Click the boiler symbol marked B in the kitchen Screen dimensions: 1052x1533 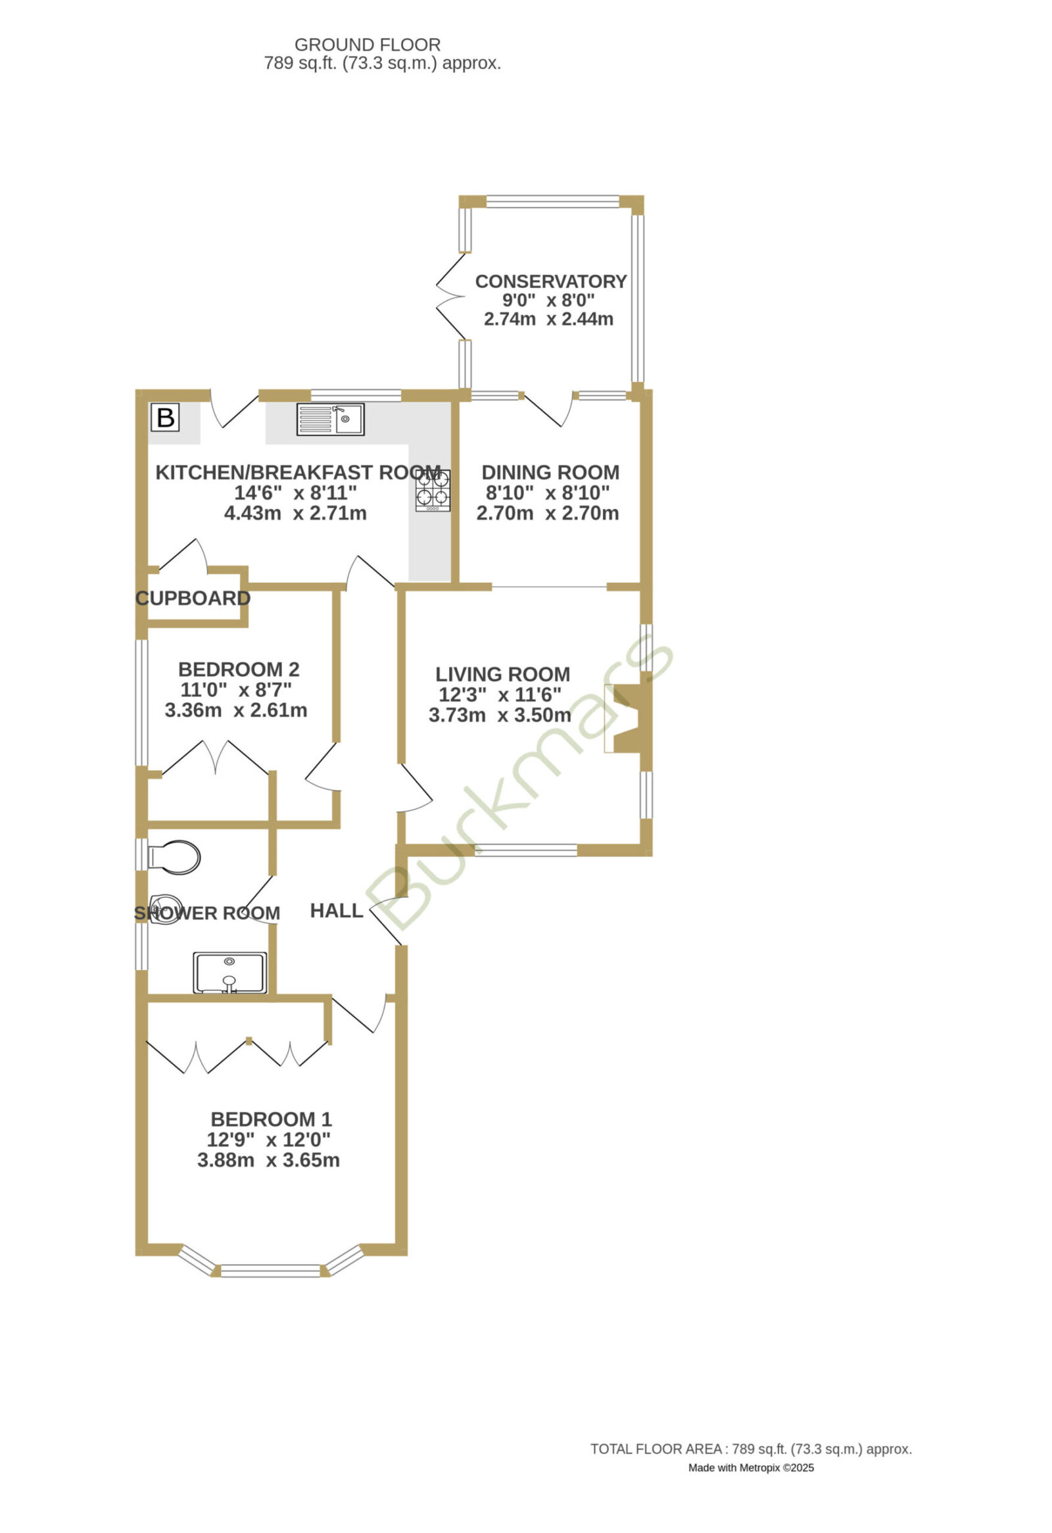click(165, 417)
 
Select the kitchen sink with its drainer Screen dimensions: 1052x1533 click(330, 419)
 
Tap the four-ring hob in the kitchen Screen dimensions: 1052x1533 click(433, 490)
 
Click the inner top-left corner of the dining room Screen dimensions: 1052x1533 click(460, 402)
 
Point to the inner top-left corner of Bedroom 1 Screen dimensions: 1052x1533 click(148, 1003)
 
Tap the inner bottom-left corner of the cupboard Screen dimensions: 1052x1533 click(148, 620)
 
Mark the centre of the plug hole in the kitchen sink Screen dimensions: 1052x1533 click(345, 419)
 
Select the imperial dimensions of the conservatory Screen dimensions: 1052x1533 click(549, 300)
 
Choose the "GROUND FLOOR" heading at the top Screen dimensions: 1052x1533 click(368, 45)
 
